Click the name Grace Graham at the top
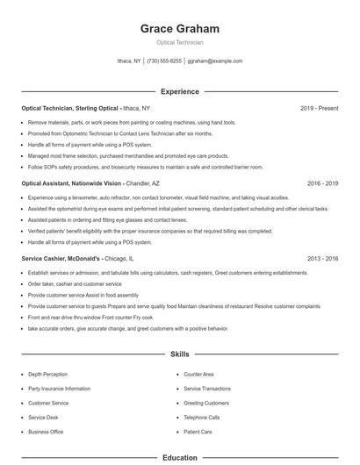tap(179, 28)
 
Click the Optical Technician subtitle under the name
tap(179, 42)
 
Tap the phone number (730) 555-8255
tap(164, 61)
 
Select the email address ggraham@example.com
tap(215, 61)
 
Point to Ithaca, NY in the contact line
tap(130, 61)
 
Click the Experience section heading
tap(179, 91)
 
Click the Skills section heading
tap(179, 354)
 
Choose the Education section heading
tap(179, 457)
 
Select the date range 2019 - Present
tap(319, 108)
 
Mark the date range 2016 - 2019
tap(322, 184)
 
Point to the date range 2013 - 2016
tap(322, 259)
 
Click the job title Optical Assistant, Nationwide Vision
tap(71, 184)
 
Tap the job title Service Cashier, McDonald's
tap(61, 259)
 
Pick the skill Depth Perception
tap(47, 374)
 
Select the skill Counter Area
tap(198, 374)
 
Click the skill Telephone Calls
tap(202, 418)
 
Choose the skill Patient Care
tap(198, 432)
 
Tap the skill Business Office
tap(46, 432)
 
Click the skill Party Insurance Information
tap(59, 389)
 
